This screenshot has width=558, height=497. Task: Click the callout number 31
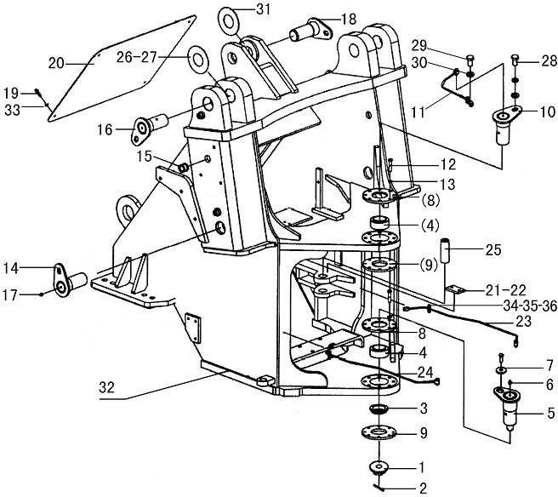pyautogui.click(x=264, y=9)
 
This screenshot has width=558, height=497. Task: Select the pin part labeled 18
pyautogui.click(x=310, y=30)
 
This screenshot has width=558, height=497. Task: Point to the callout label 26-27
pyautogui.click(x=136, y=57)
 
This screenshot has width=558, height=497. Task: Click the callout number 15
pyautogui.click(x=145, y=157)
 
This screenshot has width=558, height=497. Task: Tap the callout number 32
pyautogui.click(x=107, y=387)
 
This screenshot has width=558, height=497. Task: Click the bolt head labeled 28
pyautogui.click(x=515, y=59)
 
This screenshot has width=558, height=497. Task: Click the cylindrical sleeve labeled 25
pyautogui.click(x=446, y=251)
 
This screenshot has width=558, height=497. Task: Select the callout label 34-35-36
pyautogui.click(x=530, y=306)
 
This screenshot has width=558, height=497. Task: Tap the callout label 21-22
pyautogui.click(x=505, y=290)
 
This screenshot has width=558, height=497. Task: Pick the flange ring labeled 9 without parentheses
pyautogui.click(x=379, y=432)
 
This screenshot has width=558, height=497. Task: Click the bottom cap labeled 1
pyautogui.click(x=379, y=466)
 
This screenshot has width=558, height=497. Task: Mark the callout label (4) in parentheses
pyautogui.click(x=430, y=226)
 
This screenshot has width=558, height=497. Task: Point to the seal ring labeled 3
pyautogui.click(x=379, y=408)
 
